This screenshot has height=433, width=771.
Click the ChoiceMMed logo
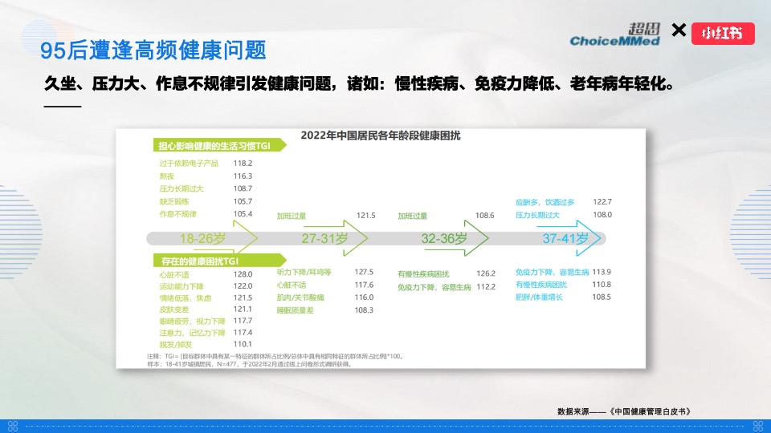(x=614, y=34)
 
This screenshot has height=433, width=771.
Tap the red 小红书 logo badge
(x=723, y=33)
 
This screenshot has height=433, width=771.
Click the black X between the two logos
(x=679, y=30)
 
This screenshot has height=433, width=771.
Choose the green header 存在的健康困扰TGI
(x=198, y=261)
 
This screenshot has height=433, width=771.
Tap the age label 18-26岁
(x=202, y=238)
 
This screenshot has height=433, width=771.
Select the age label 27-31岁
(x=324, y=238)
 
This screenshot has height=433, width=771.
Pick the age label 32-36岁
(x=444, y=238)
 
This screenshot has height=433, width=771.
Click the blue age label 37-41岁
(x=565, y=238)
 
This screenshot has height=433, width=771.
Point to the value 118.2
(x=243, y=163)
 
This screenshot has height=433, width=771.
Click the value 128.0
(x=243, y=274)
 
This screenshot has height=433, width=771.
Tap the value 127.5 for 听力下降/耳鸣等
(x=364, y=272)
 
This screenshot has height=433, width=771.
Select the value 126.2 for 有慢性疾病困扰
(x=485, y=273)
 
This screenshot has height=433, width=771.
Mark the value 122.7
(x=602, y=202)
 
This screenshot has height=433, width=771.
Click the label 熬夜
(x=167, y=176)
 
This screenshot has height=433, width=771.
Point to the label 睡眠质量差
(x=294, y=310)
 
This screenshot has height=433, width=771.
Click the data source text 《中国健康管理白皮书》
(x=650, y=411)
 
